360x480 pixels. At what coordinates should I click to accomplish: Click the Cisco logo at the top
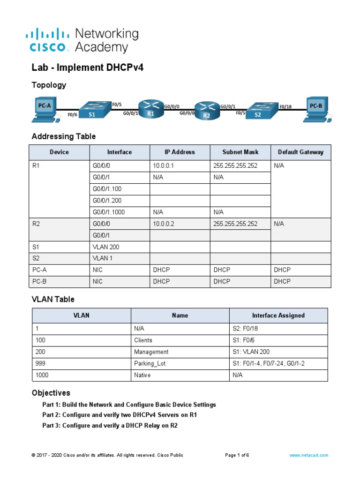(x=49, y=40)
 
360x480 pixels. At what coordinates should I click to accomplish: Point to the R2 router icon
(x=207, y=112)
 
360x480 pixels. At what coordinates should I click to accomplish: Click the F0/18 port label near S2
(x=285, y=106)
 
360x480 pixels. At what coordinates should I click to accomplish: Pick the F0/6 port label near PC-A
(x=72, y=114)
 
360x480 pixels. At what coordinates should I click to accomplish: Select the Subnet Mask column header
(x=240, y=152)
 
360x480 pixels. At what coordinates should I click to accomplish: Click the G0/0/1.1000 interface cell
(x=110, y=212)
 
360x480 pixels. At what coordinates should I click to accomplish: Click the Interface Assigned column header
(x=278, y=315)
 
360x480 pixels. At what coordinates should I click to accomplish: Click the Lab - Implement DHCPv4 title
(x=87, y=67)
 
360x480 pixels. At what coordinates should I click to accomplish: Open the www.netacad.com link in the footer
(x=308, y=455)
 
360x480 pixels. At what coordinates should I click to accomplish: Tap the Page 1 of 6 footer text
(x=237, y=455)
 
